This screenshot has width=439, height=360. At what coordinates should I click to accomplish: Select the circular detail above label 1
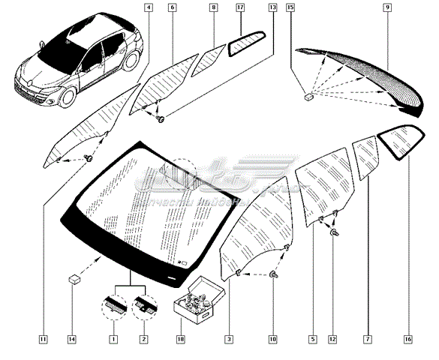point(115,306)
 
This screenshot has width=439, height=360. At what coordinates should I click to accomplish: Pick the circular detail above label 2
point(144,306)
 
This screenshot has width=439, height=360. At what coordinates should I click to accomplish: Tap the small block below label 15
point(308,96)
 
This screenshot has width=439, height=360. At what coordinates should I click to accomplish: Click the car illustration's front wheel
point(68,98)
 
